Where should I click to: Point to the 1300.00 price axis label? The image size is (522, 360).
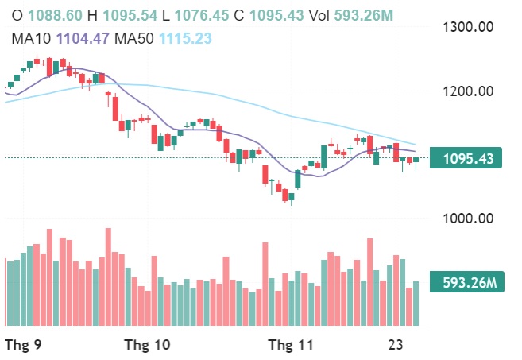point(467,27)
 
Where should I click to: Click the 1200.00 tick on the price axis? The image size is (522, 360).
point(467,91)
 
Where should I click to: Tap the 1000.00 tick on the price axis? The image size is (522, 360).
point(467,218)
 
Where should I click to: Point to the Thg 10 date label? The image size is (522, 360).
point(148,344)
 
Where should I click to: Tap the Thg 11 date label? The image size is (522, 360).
point(291,344)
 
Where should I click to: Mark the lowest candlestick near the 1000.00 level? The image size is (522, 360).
point(291,197)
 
